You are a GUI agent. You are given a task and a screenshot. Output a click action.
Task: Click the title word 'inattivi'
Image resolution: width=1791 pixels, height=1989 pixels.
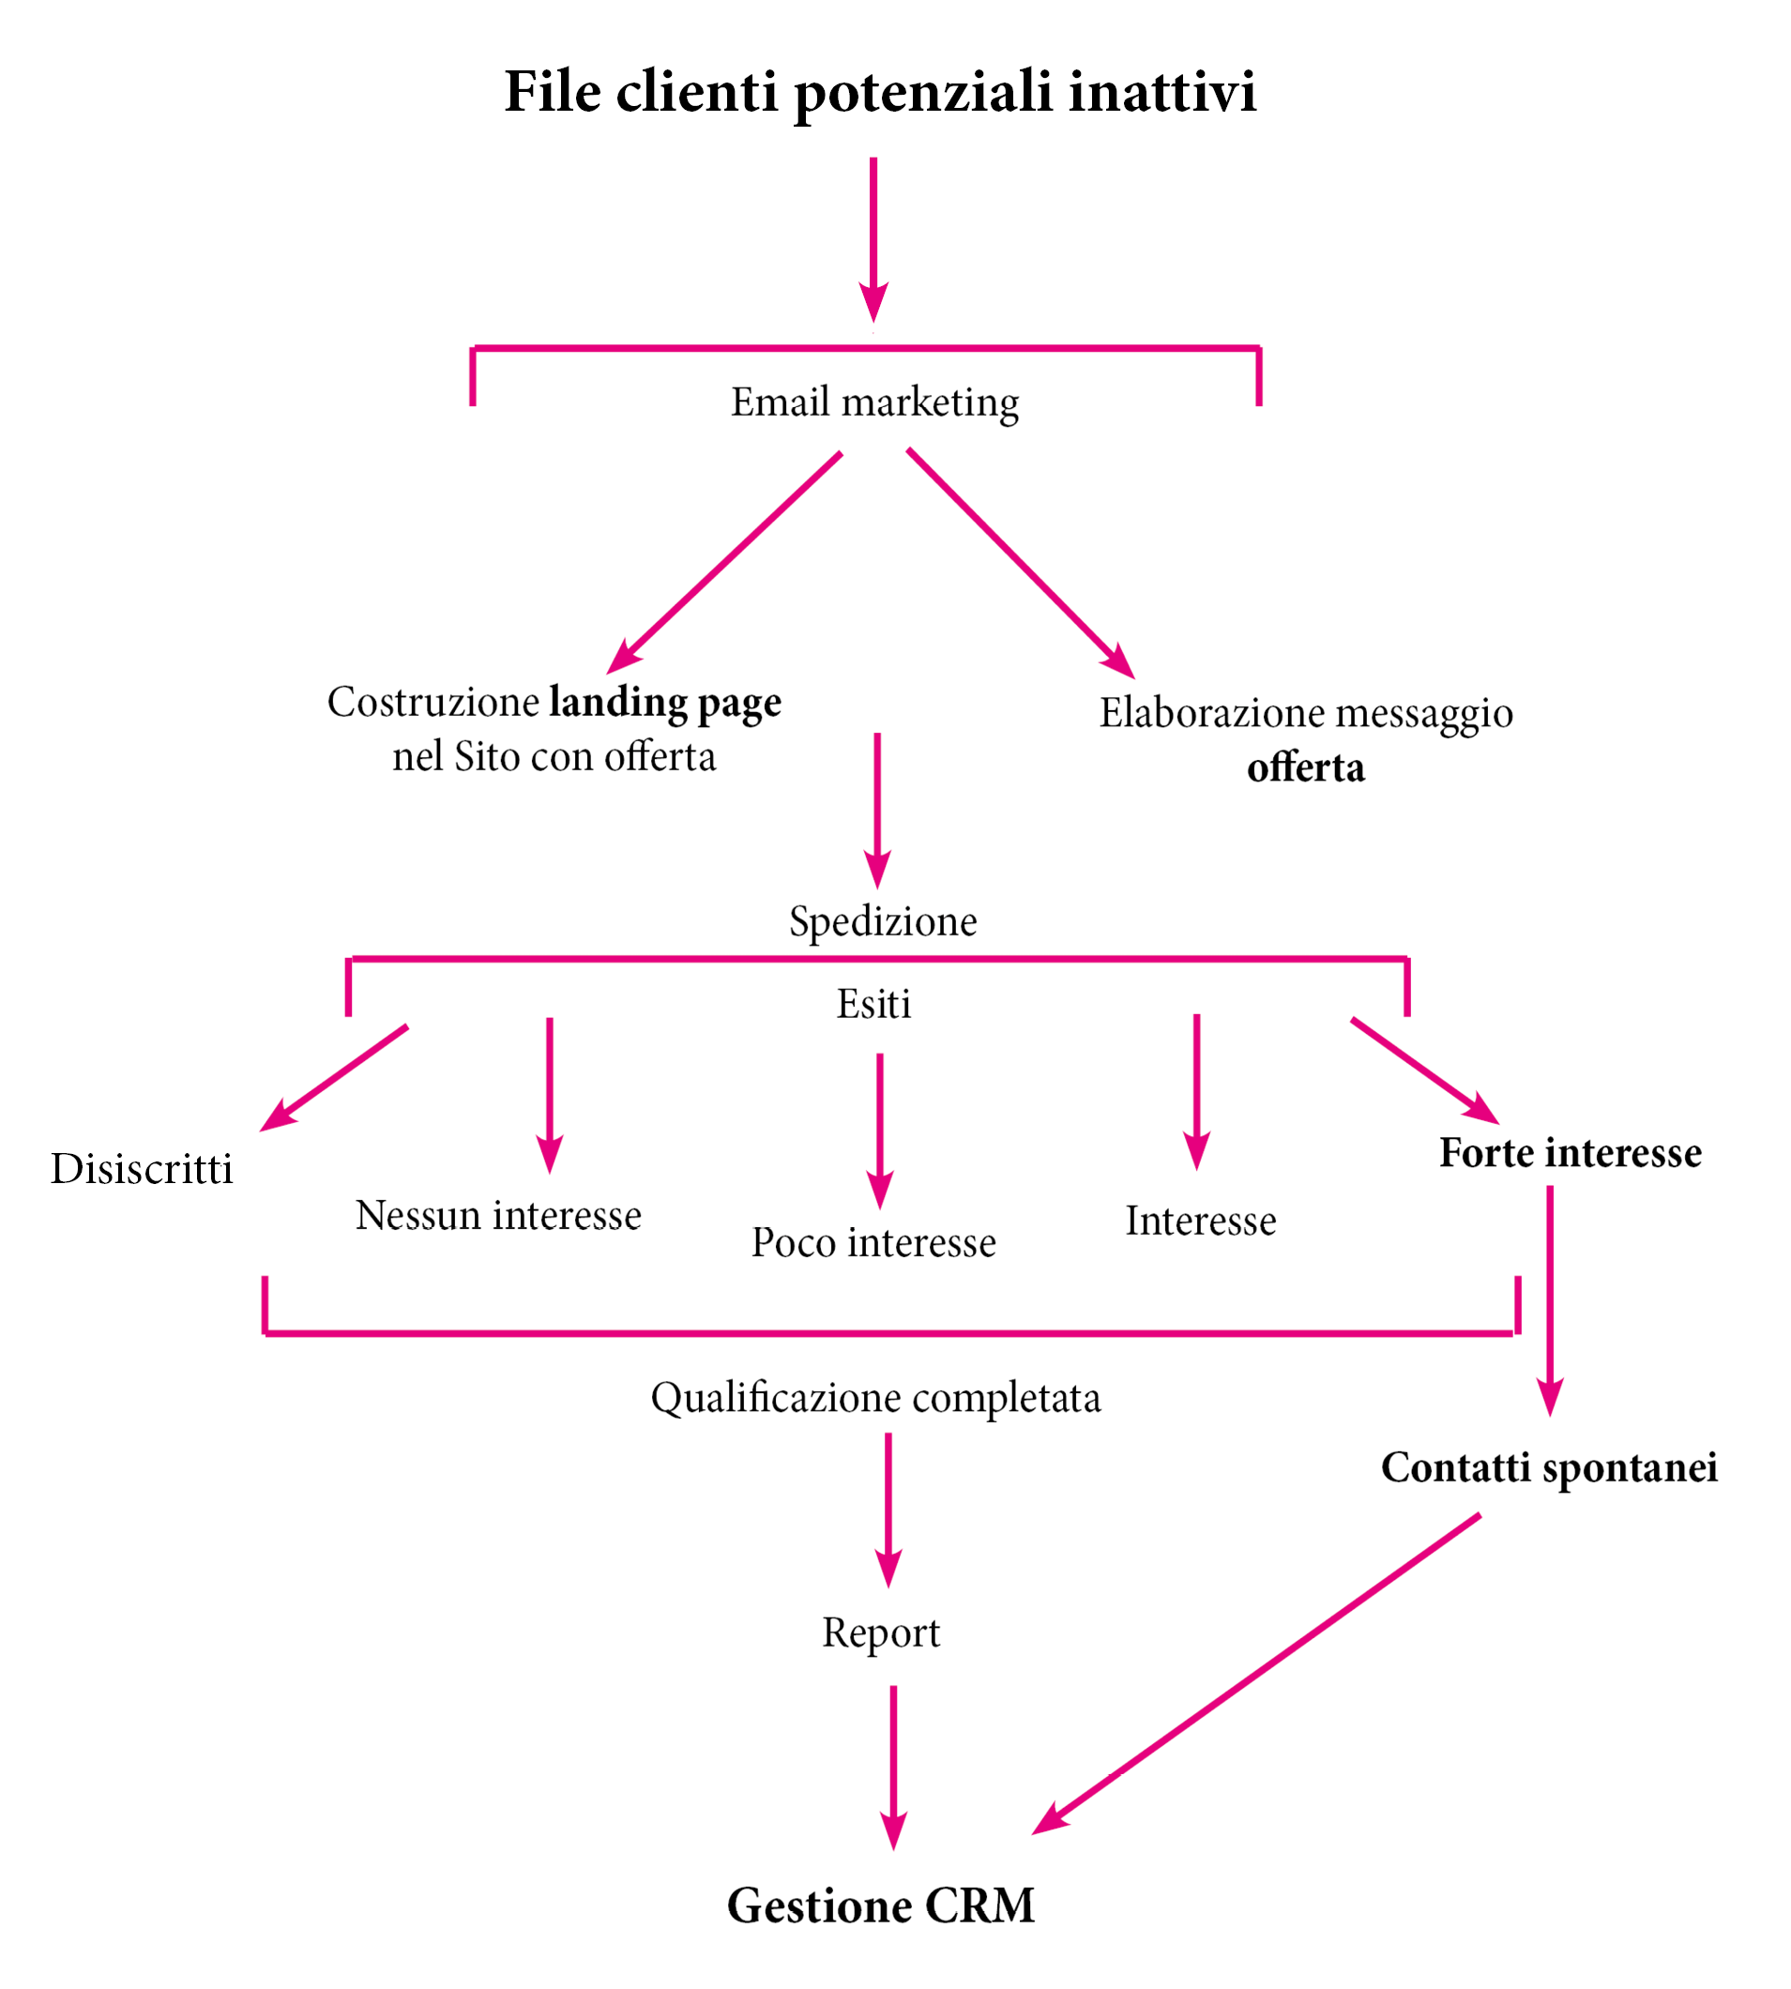pyautogui.click(x=1162, y=92)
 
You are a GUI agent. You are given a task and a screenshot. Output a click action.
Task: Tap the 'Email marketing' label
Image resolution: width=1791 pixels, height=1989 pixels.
pyautogui.click(x=874, y=403)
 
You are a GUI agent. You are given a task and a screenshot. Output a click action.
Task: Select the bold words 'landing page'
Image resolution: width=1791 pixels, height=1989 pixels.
pyautogui.click(x=665, y=704)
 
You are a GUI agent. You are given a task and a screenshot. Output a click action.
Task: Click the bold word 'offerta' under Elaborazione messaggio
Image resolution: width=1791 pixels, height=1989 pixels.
pyautogui.click(x=1306, y=767)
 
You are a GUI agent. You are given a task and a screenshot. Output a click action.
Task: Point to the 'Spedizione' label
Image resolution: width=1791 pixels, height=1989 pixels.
pyautogui.click(x=884, y=922)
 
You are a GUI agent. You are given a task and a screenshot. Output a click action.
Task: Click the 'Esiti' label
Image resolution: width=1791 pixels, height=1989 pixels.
pyautogui.click(x=873, y=1004)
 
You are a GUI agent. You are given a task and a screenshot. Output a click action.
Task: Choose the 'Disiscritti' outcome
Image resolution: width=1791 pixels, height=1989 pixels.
pyautogui.click(x=142, y=1169)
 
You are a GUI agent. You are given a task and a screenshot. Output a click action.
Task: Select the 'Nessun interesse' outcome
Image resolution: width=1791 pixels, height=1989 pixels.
pyautogui.click(x=498, y=1215)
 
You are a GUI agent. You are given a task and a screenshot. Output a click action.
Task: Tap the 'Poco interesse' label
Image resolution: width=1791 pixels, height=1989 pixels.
pyautogui.click(x=873, y=1243)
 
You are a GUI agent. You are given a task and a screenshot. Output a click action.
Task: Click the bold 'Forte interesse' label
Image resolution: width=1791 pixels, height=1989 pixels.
pyautogui.click(x=1571, y=1152)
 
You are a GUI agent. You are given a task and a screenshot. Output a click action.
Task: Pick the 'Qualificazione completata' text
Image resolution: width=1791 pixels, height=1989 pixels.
pyautogui.click(x=876, y=1399)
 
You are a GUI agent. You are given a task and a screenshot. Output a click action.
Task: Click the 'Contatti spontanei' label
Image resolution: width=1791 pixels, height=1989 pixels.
pyautogui.click(x=1550, y=1467)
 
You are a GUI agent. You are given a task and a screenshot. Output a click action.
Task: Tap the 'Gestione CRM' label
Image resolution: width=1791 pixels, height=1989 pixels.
pyautogui.click(x=881, y=1906)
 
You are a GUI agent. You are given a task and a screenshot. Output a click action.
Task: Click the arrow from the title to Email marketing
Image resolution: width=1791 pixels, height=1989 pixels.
pyautogui.click(x=873, y=239)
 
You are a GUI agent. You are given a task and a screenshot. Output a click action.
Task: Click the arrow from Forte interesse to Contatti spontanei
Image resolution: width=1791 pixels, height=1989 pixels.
pyautogui.click(x=1550, y=1300)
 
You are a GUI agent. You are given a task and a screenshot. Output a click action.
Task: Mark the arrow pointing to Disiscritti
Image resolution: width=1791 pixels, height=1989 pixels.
pyautogui.click(x=334, y=1079)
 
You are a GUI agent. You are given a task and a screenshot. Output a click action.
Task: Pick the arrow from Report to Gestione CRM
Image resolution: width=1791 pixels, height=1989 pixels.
pyautogui.click(x=893, y=1768)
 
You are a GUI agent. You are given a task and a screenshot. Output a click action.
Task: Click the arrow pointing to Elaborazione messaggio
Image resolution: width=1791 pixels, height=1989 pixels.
pyautogui.click(x=1021, y=563)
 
